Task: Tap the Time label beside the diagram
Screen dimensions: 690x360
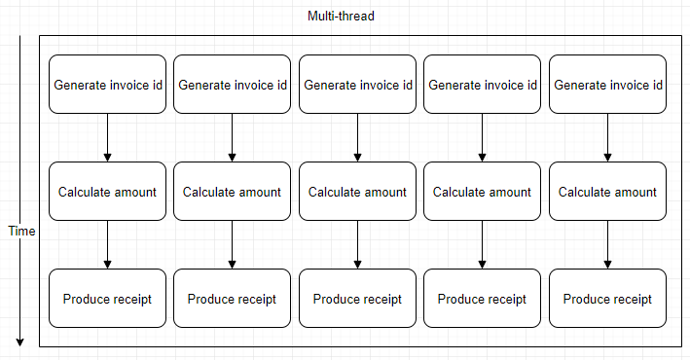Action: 20,232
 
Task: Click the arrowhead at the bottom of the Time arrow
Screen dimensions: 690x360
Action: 19,342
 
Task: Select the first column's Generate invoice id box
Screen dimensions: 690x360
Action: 107,85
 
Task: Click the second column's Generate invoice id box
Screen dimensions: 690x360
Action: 232,85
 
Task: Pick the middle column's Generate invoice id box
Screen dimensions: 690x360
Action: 357,85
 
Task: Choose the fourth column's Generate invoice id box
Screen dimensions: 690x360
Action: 483,85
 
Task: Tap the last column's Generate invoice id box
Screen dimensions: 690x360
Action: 607,85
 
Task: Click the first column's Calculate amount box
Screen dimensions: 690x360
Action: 107,192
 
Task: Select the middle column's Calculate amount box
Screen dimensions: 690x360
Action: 357,192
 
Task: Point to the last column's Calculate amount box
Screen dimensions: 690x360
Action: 607,192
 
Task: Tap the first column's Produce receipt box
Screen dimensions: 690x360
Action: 107,299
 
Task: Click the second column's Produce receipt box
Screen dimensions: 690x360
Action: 232,299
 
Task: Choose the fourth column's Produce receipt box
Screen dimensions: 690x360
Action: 483,299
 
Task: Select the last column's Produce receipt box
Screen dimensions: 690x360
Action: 607,299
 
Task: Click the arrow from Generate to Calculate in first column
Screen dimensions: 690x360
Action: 107,138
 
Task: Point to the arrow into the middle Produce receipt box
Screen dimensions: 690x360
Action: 357,245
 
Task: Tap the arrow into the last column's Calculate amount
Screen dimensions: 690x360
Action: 607,138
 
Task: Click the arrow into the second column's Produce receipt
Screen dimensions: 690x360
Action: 232,245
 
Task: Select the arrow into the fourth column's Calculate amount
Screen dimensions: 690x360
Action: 483,138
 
